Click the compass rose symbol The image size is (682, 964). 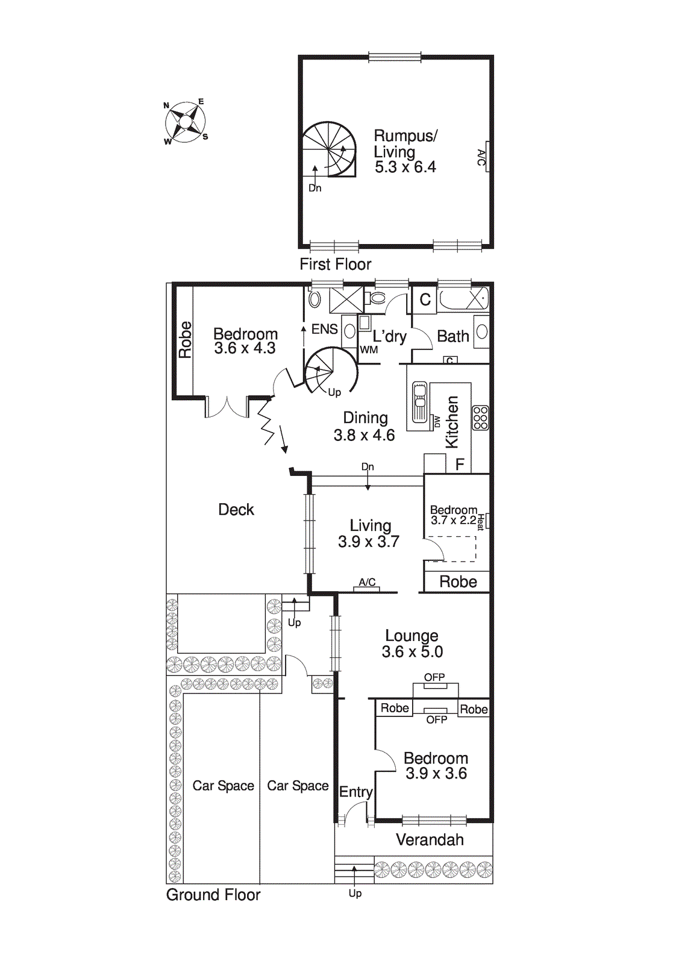pos(186,122)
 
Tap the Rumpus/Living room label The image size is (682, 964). pos(405,143)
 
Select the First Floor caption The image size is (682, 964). pos(335,264)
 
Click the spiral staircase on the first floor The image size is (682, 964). pos(329,149)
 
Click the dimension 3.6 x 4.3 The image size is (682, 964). pos(245,348)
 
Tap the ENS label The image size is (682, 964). pos(324,329)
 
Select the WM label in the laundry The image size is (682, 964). pos(369,349)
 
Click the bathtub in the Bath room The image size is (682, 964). pos(462,299)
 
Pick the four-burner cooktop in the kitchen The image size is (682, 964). pos(480,418)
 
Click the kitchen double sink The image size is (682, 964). pos(419,402)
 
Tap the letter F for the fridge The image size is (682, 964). pos(460,465)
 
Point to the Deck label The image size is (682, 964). pos(236,510)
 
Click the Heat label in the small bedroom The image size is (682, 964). pos(481,521)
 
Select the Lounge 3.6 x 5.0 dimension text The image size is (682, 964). pos(412,652)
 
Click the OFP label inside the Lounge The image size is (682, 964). pos(434,677)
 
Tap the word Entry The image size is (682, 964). pos(355,792)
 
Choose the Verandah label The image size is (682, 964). pos(430,840)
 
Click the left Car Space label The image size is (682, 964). pos(223,786)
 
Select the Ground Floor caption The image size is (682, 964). pos(213,895)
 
